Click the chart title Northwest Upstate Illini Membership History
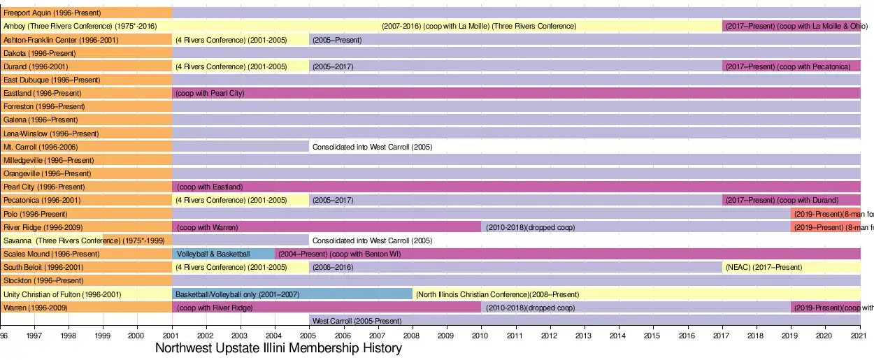pyautogui.click(x=278, y=348)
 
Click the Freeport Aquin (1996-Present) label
pyautogui.click(x=52, y=13)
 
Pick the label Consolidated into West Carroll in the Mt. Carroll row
pyautogui.click(x=372, y=147)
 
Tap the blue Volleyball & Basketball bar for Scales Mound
pyautogui.click(x=213, y=254)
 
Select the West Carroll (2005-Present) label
pyautogui.click(x=357, y=321)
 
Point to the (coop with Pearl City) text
pyautogui.click(x=210, y=93)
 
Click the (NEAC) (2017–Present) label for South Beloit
pyautogui.click(x=764, y=267)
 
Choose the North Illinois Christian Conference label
pyautogui.click(x=497, y=294)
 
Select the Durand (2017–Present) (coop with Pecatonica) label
pyautogui.click(x=787, y=66)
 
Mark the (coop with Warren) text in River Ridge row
pyautogui.click(x=207, y=227)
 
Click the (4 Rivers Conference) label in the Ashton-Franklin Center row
pyautogui.click(x=231, y=40)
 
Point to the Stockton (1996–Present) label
pyautogui.click(x=44, y=280)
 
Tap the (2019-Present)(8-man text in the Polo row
pyautogui.click(x=833, y=214)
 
